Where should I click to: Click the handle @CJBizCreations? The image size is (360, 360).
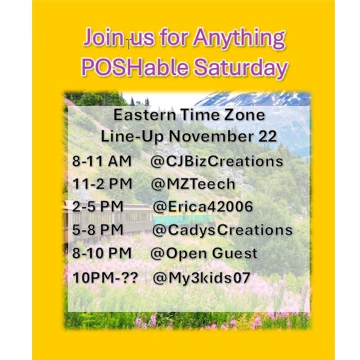[x=217, y=161]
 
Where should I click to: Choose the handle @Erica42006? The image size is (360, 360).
[x=202, y=207]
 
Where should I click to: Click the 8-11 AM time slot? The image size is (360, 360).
[x=102, y=161]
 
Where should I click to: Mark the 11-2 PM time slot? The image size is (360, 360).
[x=102, y=184]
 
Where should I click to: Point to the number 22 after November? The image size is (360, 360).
[x=267, y=137]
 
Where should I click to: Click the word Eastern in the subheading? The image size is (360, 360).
[x=140, y=115]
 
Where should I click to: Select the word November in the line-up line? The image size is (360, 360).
[x=215, y=137]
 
